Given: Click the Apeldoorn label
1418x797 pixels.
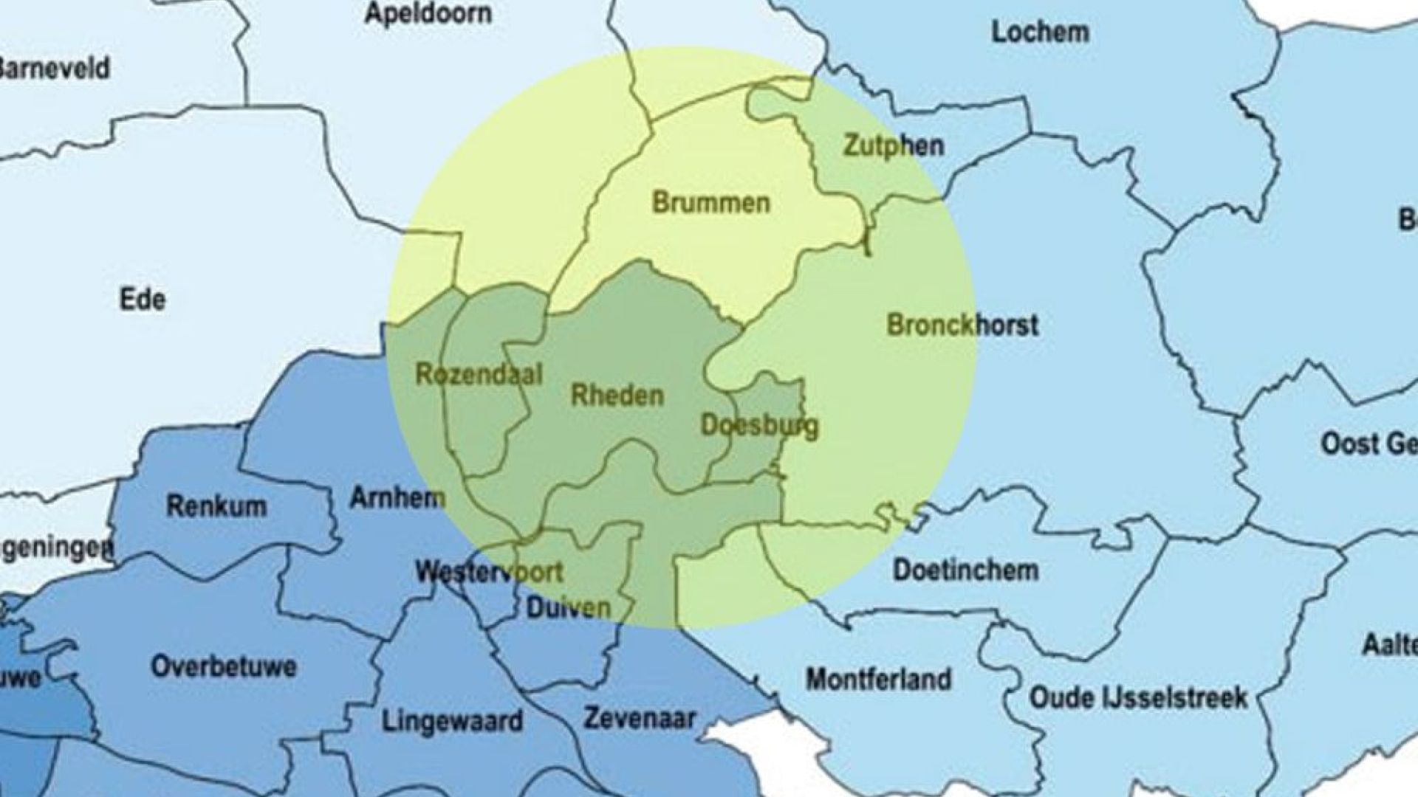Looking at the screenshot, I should pyautogui.click(x=428, y=14).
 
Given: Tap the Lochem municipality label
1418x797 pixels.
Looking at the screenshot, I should pyautogui.click(x=1040, y=32).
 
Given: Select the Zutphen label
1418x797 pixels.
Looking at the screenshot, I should pyautogui.click(x=894, y=145).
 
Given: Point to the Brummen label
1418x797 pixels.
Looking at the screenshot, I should pyautogui.click(x=710, y=203).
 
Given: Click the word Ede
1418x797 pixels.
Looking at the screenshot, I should pyautogui.click(x=143, y=300).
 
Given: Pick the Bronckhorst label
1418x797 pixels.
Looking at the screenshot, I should pyautogui.click(x=962, y=325).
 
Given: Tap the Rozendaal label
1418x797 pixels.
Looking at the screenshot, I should pyautogui.click(x=479, y=375).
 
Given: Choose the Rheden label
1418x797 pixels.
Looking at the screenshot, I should pyautogui.click(x=617, y=396).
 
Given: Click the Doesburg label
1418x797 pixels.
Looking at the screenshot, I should pyautogui.click(x=759, y=425).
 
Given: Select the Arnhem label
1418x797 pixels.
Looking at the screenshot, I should pyautogui.click(x=397, y=498).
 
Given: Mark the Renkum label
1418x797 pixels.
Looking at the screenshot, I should pyautogui.click(x=216, y=506).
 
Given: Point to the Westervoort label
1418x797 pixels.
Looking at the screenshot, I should pyautogui.click(x=489, y=572).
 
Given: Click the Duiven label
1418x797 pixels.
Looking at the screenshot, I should pyautogui.click(x=569, y=607).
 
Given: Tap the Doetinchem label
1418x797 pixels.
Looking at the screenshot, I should pyautogui.click(x=965, y=570).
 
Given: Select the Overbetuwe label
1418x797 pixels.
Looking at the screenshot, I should pyautogui.click(x=224, y=666).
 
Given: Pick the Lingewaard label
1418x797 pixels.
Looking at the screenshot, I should pyautogui.click(x=452, y=720).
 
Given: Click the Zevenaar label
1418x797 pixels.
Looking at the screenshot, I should pyautogui.click(x=640, y=718).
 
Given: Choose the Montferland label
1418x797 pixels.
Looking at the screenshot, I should pyautogui.click(x=878, y=679).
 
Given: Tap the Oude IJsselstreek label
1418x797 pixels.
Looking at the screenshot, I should pyautogui.click(x=1138, y=697).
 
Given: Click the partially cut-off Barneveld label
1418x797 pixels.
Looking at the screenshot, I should pyautogui.click(x=55, y=69).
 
